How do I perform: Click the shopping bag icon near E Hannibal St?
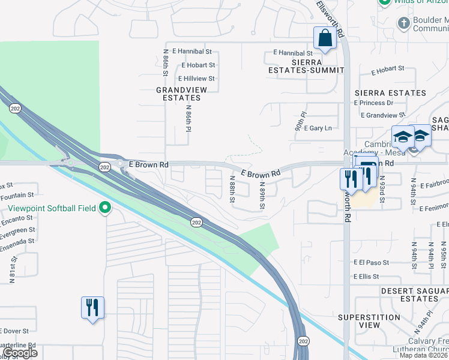click(x=325, y=38)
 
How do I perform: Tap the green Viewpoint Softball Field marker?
click(x=106, y=209)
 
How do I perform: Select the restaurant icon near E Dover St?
click(x=92, y=308)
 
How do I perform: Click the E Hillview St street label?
click(x=196, y=79)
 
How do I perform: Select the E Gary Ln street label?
click(x=318, y=128)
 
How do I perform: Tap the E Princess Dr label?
click(x=382, y=103)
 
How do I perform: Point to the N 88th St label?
click(x=232, y=188)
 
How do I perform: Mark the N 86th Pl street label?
click(x=188, y=118)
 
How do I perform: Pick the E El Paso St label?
click(x=375, y=263)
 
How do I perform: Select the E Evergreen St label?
click(x=17, y=230)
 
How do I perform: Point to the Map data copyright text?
click(x=424, y=355)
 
